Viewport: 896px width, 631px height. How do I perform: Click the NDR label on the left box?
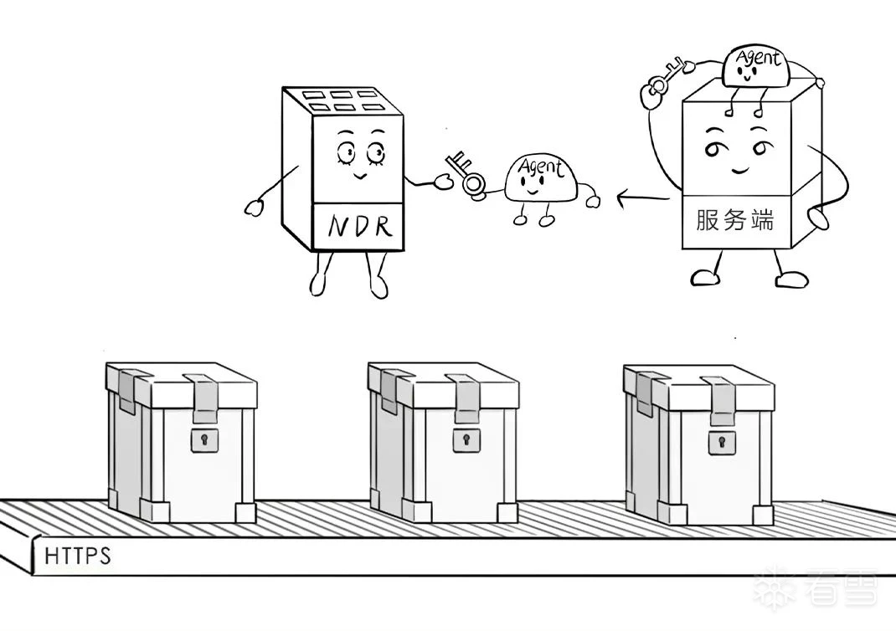358,226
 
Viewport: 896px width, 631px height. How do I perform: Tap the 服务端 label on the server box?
734,221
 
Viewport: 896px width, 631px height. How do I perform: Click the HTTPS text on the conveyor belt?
77,556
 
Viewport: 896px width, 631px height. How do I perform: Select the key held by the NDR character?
464,173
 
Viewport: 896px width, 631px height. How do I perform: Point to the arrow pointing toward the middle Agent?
642,199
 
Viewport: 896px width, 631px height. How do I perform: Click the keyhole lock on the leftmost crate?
203,439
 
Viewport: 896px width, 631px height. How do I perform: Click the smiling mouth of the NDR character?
358,177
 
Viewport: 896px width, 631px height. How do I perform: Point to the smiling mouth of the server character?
738,170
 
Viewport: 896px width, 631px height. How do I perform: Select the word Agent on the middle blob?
541,167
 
